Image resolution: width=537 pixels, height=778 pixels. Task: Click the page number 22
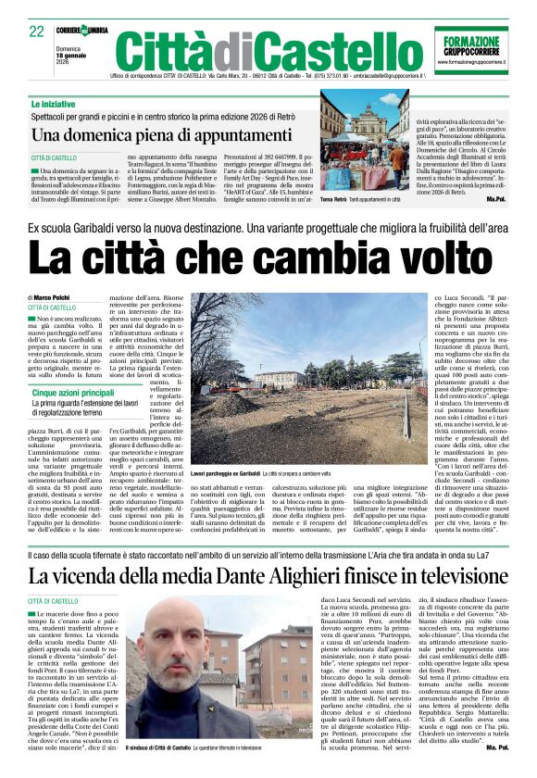(37, 31)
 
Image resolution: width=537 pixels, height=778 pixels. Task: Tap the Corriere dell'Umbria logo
(81, 30)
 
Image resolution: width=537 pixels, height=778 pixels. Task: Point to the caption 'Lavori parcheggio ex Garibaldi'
(226, 472)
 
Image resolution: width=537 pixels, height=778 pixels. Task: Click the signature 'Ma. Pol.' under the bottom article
(496, 746)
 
